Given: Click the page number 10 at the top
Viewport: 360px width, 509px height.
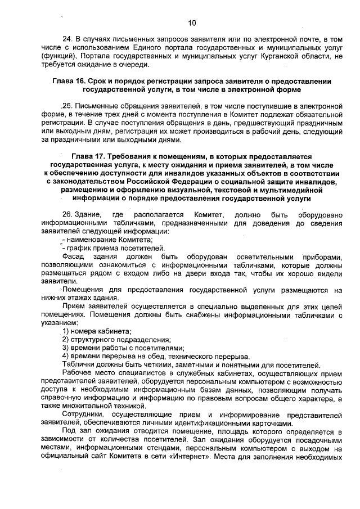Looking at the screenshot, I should pos(192,23).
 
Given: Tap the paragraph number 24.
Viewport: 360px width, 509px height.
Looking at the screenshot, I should pos(67,39).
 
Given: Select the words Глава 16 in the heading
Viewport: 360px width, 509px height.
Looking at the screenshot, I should pos(71,82).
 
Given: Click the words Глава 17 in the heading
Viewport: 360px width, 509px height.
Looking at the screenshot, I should pos(89,156).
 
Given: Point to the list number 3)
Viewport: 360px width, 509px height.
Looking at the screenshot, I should pos(66,348).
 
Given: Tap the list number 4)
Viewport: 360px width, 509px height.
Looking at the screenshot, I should pos(66,357).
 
